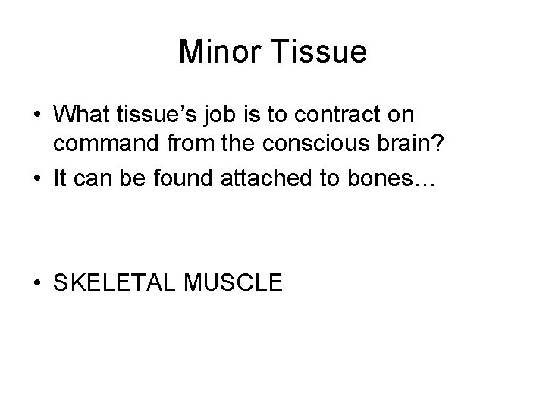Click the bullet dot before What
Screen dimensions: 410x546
pyautogui.click(x=36, y=116)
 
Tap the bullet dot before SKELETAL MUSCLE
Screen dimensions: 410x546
pyautogui.click(x=36, y=283)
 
